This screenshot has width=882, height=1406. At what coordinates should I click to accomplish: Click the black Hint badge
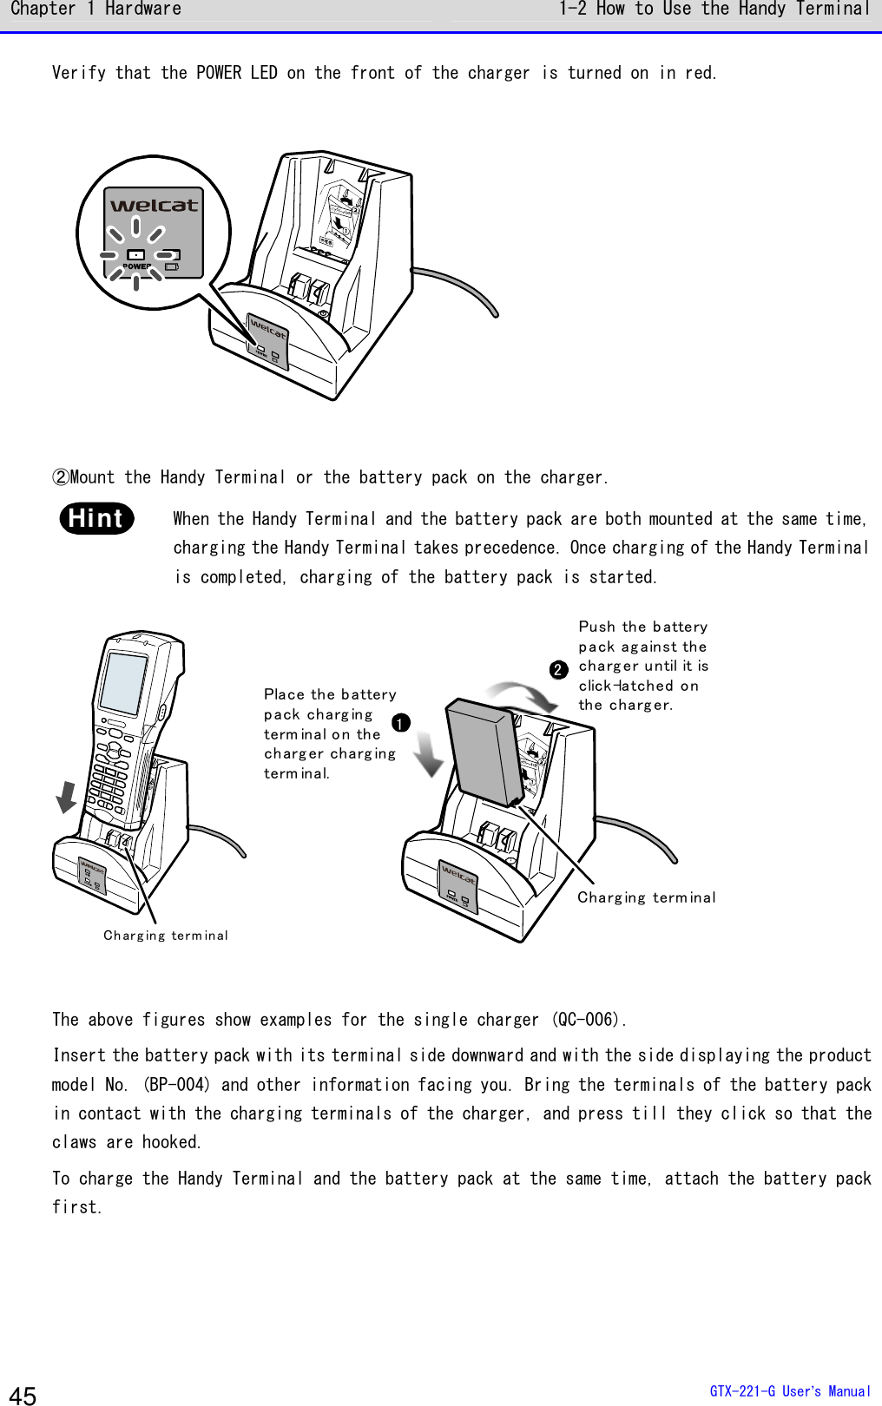(x=97, y=518)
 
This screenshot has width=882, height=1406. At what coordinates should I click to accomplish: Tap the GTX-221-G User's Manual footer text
(x=789, y=1391)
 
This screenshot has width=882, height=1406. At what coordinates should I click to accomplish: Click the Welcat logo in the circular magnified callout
(x=154, y=206)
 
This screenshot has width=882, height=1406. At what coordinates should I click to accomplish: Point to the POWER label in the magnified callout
(x=135, y=266)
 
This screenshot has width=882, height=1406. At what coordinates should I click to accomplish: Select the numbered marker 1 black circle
(x=400, y=723)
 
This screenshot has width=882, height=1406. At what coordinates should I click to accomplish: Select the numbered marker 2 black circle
(x=559, y=669)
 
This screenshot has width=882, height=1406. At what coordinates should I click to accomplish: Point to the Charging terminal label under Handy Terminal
(x=166, y=936)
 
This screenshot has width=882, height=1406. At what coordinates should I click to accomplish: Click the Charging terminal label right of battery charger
(x=647, y=897)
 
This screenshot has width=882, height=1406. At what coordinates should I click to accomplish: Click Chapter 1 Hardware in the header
(x=95, y=10)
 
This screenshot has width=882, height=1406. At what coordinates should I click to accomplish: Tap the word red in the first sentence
(x=698, y=73)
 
